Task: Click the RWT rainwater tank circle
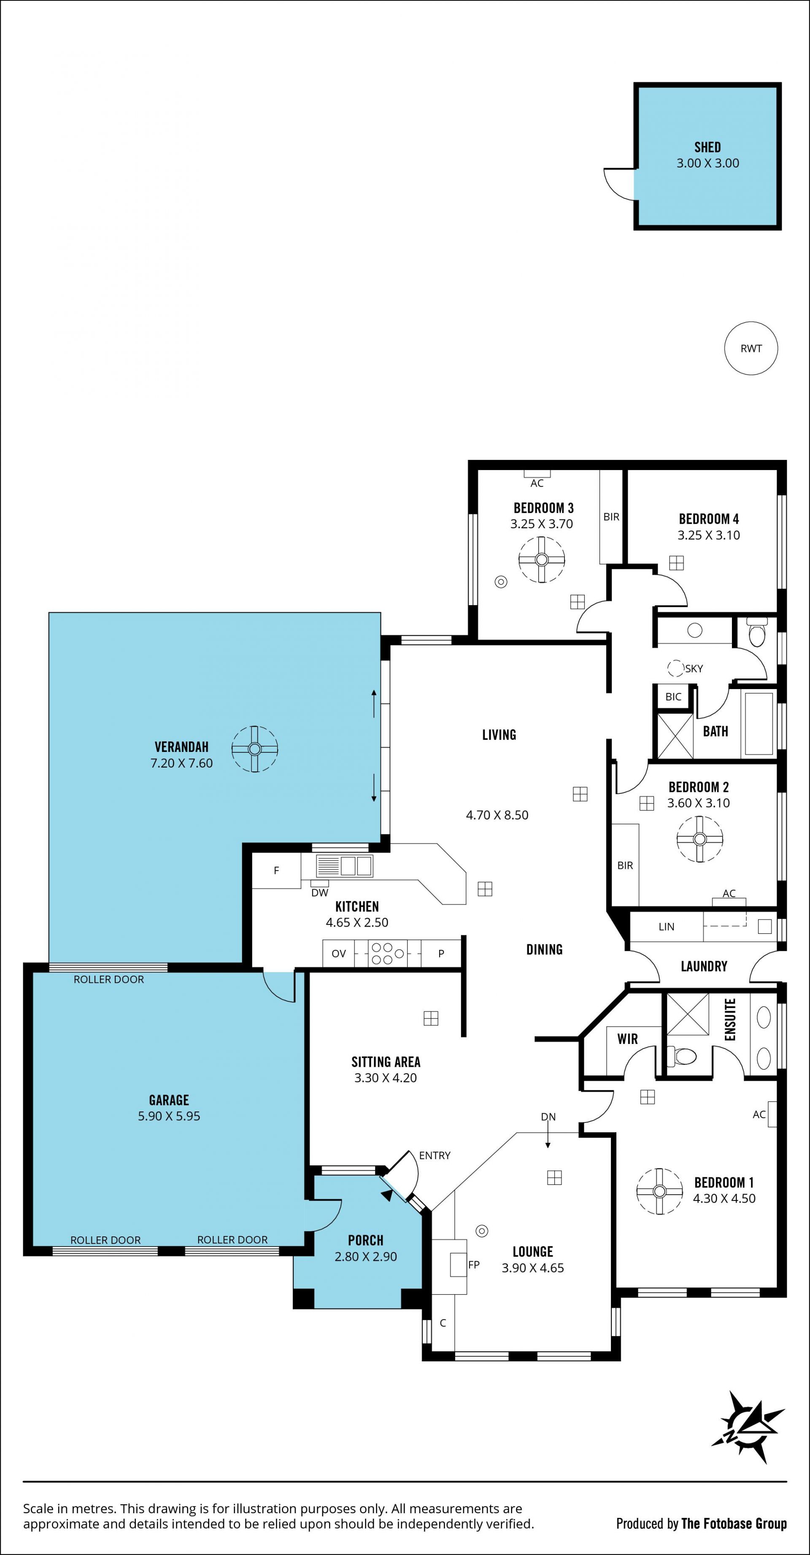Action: click(751, 348)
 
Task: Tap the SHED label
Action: click(707, 147)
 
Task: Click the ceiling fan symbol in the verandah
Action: click(255, 749)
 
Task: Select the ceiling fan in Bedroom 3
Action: click(541, 560)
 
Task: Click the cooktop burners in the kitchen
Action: click(381, 953)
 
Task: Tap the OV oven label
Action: click(339, 954)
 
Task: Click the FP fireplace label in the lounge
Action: click(474, 1265)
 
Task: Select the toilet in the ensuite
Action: click(682, 1056)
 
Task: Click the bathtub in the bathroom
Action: click(759, 723)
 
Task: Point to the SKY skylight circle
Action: click(676, 668)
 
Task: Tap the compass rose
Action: click(749, 1427)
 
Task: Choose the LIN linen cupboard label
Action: click(666, 927)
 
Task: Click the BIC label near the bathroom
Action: click(673, 697)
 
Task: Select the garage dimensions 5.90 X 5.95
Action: click(169, 1116)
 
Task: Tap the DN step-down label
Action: click(548, 1117)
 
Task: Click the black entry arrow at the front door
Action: click(387, 1195)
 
